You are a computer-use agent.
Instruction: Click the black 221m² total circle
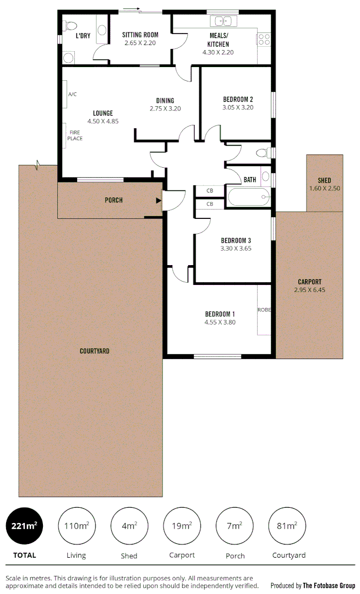point(24,526)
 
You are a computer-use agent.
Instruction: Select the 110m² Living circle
point(77,526)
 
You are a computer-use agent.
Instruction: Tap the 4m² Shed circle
point(129,526)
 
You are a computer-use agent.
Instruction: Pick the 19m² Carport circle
point(182,526)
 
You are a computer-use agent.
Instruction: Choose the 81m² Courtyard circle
point(287,526)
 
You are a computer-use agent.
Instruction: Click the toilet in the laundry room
point(70,25)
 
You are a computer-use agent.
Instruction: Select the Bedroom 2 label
point(238,100)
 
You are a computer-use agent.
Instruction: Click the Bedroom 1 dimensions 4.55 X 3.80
point(220,322)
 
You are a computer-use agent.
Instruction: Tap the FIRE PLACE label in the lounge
point(75,135)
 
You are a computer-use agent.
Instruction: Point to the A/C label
point(72,95)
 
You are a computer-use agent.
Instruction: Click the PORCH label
point(113,200)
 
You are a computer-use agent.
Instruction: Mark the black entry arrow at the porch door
point(159,201)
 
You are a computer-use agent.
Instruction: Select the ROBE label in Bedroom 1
point(264,310)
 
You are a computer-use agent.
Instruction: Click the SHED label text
point(324,180)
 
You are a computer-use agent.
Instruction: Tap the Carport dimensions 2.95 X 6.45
point(309,289)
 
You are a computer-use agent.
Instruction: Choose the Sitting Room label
point(140,35)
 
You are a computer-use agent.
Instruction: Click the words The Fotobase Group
point(329,585)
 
